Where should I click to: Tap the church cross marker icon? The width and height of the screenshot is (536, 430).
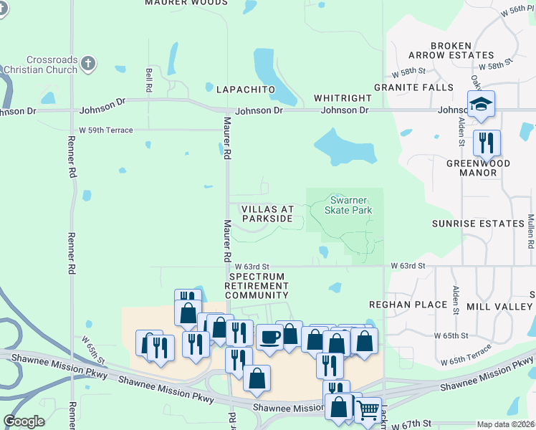[x=88, y=64]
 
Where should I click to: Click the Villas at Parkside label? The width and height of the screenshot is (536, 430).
[x=267, y=213]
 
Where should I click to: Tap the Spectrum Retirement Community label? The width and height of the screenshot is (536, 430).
[x=257, y=285]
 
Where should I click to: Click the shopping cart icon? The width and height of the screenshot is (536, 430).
[x=368, y=409]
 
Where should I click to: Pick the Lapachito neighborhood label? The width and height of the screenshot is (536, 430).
[x=246, y=89]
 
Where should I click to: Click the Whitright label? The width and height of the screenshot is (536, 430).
[x=343, y=98]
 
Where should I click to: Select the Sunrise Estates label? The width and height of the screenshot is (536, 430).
[x=478, y=224]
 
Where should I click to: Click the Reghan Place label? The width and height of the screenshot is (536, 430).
[x=408, y=305]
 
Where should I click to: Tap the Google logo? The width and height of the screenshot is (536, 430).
[x=24, y=421]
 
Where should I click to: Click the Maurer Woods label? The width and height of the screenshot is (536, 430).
[x=186, y=3]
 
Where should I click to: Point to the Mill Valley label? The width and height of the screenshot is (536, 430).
[x=499, y=306]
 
